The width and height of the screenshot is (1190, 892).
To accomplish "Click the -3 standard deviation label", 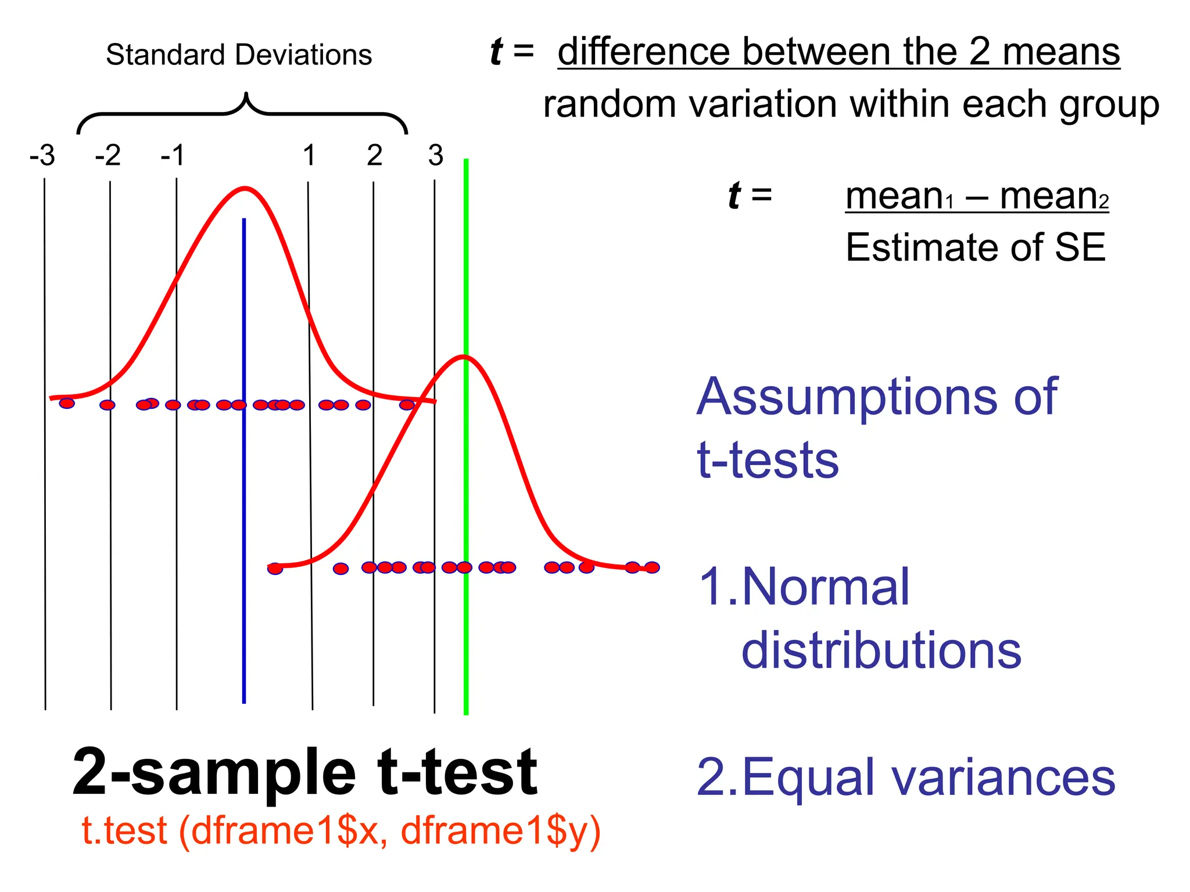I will coord(42,156).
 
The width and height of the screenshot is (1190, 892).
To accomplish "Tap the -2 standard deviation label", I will coord(108,156).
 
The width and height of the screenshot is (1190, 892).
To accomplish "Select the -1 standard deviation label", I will coord(173,156).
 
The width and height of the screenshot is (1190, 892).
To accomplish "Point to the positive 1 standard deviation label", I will coord(309,156).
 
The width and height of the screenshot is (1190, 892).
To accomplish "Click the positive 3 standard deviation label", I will coord(436,156).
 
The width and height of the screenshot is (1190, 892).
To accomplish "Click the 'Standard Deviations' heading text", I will coord(239,55).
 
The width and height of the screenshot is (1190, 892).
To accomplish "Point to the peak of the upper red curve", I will coord(245,188).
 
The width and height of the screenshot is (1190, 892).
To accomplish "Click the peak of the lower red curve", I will coord(464,357).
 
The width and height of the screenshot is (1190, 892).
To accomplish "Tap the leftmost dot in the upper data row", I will coord(67,403).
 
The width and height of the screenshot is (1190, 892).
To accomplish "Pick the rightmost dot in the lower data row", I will coord(652,567).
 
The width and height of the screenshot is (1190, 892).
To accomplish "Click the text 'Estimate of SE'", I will coord(975,247).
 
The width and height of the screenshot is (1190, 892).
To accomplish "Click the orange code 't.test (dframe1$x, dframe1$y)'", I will coord(341,830).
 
